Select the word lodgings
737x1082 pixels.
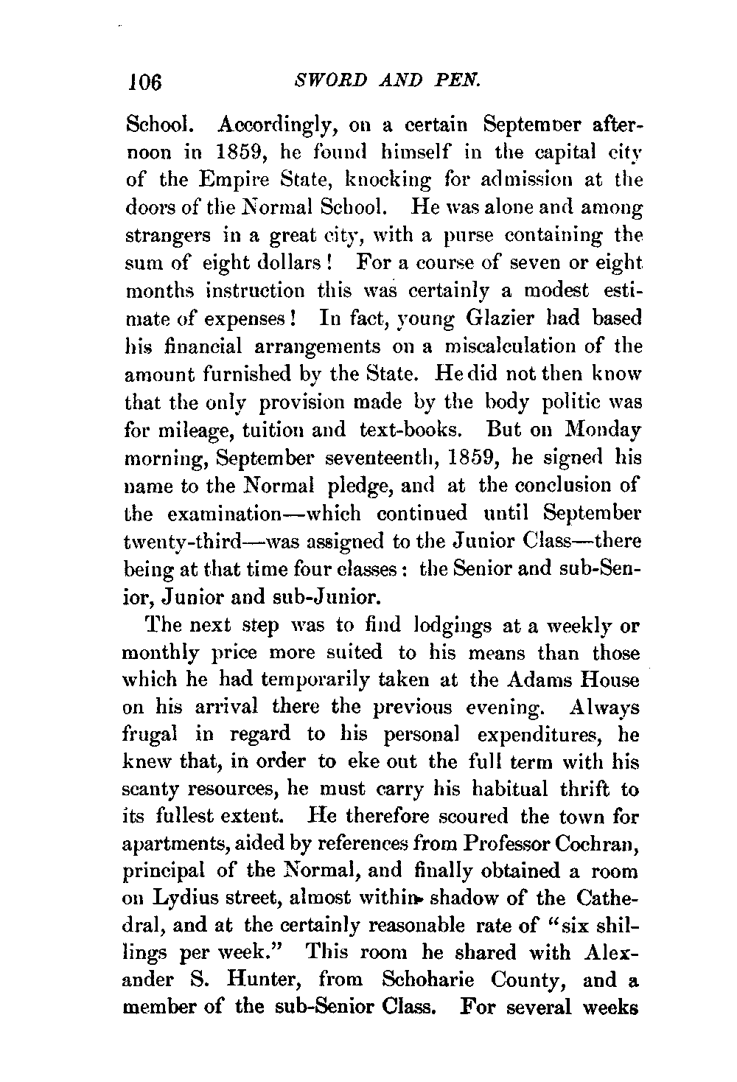(x=431, y=626)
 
